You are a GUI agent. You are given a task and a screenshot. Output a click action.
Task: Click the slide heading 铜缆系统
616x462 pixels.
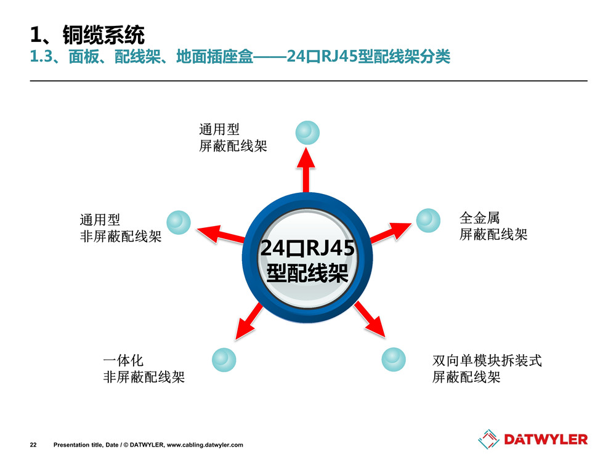point(103,35)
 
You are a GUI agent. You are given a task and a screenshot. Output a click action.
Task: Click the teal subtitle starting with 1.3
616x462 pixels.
point(240,57)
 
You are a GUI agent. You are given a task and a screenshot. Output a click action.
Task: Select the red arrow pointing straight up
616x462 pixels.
point(306,170)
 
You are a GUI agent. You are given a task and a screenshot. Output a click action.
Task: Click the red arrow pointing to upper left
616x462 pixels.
point(221,234)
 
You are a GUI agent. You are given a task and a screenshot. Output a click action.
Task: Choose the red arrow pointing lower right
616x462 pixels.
point(370,319)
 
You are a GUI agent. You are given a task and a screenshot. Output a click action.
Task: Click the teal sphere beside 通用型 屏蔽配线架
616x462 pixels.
point(307,133)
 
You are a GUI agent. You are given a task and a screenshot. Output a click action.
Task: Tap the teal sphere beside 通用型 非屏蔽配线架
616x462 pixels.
point(179,222)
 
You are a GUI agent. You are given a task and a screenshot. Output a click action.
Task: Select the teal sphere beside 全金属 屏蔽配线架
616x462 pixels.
point(428,221)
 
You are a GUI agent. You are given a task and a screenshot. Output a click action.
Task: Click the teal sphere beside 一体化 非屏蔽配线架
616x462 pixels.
point(224,360)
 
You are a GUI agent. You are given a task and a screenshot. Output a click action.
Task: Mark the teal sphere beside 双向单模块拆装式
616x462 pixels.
point(394,359)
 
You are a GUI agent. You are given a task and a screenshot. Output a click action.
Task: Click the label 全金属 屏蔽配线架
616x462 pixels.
point(493,226)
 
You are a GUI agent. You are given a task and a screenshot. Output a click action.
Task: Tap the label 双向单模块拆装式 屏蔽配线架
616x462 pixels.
point(487,369)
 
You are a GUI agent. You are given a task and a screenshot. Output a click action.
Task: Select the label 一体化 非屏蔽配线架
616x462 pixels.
point(144,369)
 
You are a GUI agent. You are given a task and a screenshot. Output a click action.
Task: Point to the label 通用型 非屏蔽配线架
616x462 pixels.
point(121,229)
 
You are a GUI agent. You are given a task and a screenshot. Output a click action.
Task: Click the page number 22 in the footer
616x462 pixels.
point(33,445)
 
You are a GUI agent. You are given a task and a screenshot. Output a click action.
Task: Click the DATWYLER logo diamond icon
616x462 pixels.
point(488,439)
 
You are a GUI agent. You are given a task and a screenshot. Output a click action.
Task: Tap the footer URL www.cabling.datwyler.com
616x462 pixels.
point(205,445)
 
